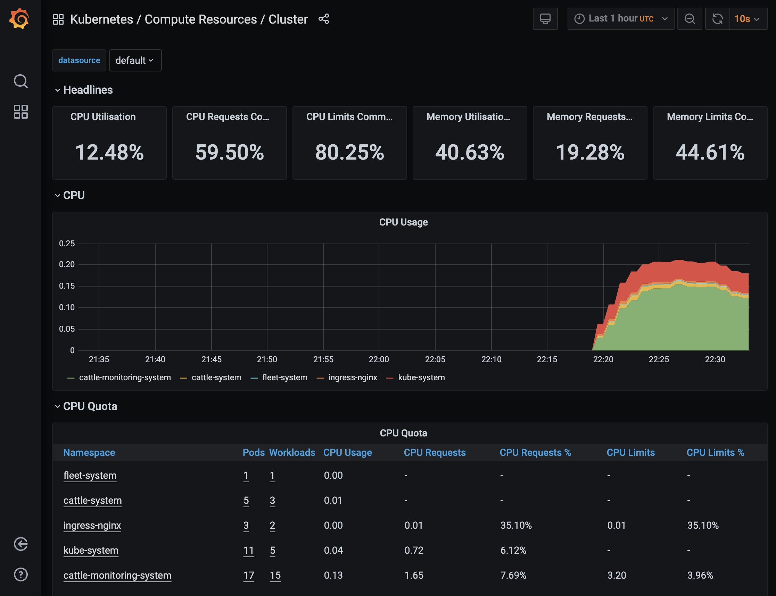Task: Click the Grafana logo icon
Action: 19,18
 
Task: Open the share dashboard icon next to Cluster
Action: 323,19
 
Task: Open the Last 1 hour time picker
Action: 620,18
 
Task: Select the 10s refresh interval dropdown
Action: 748,19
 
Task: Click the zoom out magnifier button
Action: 690,19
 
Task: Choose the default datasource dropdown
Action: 135,60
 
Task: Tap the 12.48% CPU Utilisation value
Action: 109,152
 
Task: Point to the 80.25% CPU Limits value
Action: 349,152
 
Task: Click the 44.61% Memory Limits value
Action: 710,152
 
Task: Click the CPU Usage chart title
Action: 403,222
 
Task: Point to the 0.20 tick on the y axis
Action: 67,264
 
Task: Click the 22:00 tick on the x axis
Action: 379,359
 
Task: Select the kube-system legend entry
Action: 421,377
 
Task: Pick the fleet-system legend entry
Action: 284,377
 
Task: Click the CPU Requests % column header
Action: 535,452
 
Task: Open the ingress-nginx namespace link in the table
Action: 92,525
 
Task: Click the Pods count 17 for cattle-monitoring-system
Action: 249,575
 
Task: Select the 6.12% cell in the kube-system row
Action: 513,550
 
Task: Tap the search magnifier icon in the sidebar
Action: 20,81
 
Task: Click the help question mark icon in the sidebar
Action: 20,574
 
